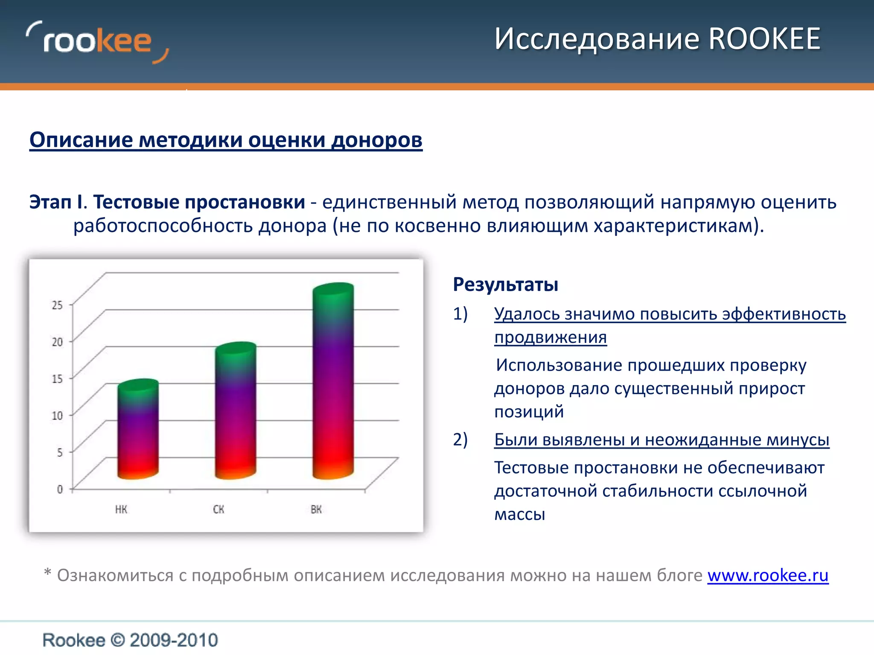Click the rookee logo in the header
pyautogui.click(x=97, y=42)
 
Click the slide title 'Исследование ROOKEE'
pyautogui.click(x=657, y=39)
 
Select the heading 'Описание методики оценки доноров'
pyautogui.click(x=226, y=140)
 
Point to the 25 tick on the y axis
pyautogui.click(x=57, y=305)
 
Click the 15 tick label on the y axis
pyautogui.click(x=57, y=379)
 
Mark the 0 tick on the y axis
pyautogui.click(x=60, y=489)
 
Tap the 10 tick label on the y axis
pyautogui.click(x=57, y=415)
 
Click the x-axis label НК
pyautogui.click(x=121, y=509)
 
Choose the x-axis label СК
pyautogui.click(x=218, y=509)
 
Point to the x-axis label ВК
pyautogui.click(x=316, y=509)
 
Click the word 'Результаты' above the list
pyautogui.click(x=505, y=284)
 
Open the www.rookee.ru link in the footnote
pyautogui.click(x=768, y=575)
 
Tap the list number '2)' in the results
pyautogui.click(x=460, y=439)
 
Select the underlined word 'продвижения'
pyautogui.click(x=551, y=337)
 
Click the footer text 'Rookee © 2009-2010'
pyautogui.click(x=130, y=640)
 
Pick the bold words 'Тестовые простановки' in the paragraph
pyautogui.click(x=199, y=202)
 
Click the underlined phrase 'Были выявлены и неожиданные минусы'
pyautogui.click(x=661, y=440)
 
